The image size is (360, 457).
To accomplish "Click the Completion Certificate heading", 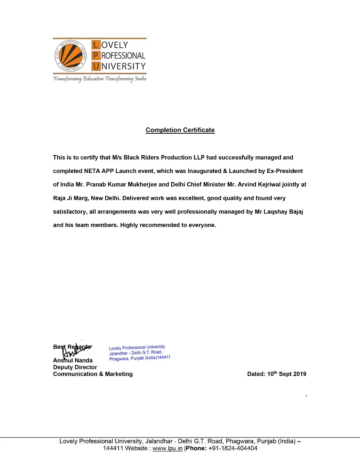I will (x=180, y=130).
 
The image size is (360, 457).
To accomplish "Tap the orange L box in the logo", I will (x=96, y=45).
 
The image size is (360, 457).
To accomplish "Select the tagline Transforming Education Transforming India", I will (x=100, y=79).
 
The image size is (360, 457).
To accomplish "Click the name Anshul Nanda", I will (x=73, y=360).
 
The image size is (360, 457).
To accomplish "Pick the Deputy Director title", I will (x=75, y=367).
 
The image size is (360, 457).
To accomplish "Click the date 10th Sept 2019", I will (x=286, y=374).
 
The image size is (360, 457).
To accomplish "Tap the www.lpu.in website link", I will (x=167, y=448).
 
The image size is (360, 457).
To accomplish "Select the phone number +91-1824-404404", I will (x=233, y=448).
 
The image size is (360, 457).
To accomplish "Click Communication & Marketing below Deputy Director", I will (x=93, y=374).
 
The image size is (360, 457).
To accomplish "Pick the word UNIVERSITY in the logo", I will (x=123, y=66).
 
